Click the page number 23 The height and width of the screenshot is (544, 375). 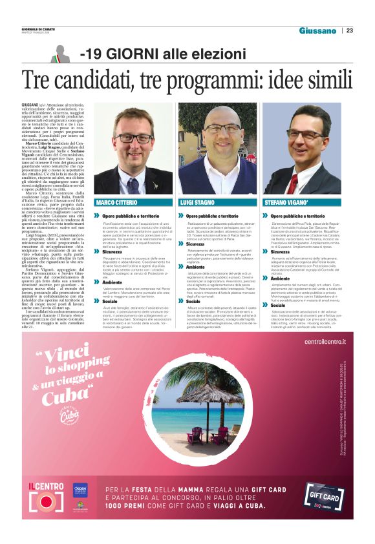coord(350,30)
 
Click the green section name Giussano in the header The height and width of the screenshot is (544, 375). coord(317,30)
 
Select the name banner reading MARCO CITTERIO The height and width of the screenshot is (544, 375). coord(134,202)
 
